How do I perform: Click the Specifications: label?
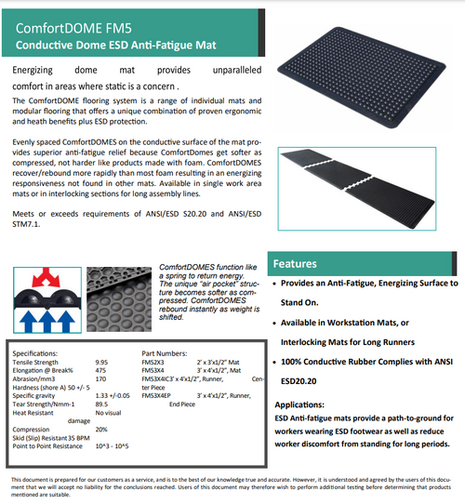pos(35,353)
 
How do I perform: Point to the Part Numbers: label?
pos(164,353)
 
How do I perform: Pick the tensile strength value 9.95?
pos(102,362)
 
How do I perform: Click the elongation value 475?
pos(100,370)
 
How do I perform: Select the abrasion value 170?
pos(100,378)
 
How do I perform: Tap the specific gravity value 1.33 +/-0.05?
pos(113,395)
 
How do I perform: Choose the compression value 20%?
pos(101,429)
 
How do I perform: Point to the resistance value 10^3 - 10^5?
pos(113,445)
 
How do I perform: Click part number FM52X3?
pos(153,362)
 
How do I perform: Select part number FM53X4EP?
pos(157,395)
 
